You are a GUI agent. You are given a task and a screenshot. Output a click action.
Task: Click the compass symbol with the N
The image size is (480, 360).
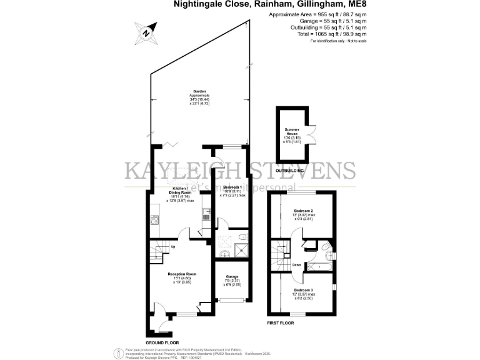pyautogui.click(x=146, y=32)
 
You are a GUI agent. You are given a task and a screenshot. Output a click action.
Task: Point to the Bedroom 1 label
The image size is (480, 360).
pyautogui.click(x=232, y=187)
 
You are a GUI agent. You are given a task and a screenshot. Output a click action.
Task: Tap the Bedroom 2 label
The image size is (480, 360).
pyautogui.click(x=303, y=211)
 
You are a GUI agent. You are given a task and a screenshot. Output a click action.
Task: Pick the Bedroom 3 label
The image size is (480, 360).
pyautogui.click(x=303, y=291)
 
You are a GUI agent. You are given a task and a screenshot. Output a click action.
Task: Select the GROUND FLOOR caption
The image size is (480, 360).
pyautogui.click(x=163, y=343)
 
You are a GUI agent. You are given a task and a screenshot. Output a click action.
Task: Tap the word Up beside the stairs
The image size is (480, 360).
pyautogui.click(x=172, y=246)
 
